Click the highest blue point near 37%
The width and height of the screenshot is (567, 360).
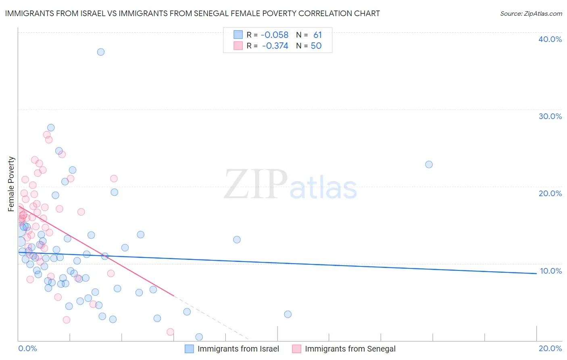coord(101,52)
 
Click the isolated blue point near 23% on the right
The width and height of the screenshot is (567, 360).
coord(429,165)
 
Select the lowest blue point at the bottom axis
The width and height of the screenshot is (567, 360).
coord(199,337)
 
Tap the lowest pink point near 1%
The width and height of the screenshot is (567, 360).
coord(170,332)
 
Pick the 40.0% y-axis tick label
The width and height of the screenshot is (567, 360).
coord(550,39)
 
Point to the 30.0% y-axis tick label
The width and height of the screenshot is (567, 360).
coord(550,116)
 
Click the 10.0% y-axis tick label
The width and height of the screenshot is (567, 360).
coord(550,271)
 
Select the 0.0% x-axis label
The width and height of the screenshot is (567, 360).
coord(27,348)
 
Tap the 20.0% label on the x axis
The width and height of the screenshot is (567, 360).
coord(550,348)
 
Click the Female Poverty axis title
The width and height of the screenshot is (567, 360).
coord(11,184)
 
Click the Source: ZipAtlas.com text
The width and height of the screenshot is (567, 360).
coord(531,14)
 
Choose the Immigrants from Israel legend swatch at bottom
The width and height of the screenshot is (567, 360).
coord(189,349)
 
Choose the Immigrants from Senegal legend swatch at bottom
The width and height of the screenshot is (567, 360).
coord(296,349)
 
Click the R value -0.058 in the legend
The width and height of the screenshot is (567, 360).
coord(275,35)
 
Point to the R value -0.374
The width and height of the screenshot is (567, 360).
coord(275,46)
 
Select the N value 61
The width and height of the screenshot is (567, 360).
coord(318,35)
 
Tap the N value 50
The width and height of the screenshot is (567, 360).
coord(316,46)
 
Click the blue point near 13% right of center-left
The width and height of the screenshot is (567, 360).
coord(237,240)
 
